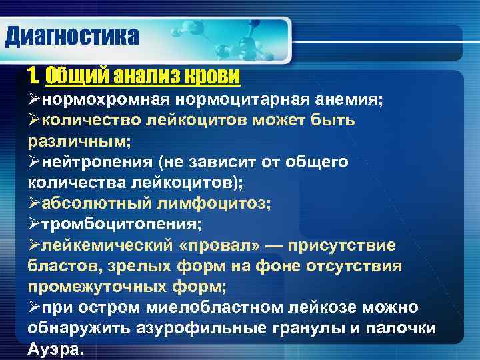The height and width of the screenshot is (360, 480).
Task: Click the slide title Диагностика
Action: [x=72, y=35]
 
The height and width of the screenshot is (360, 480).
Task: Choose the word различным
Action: [x=78, y=141]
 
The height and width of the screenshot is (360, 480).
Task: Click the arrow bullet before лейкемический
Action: [x=35, y=245]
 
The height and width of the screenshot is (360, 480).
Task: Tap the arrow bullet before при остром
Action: [x=35, y=308]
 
